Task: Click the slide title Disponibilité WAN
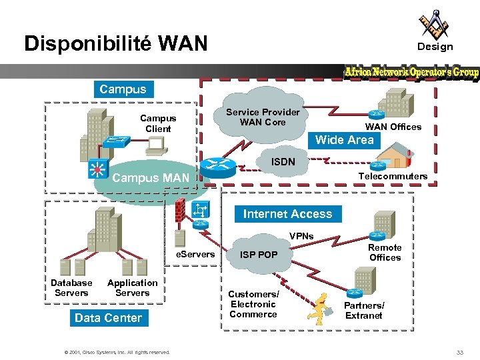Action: pyautogui.click(x=116, y=44)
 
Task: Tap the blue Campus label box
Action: pyautogui.click(x=123, y=89)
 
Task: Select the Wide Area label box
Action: pyautogui.click(x=344, y=140)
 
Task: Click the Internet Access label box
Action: pyautogui.click(x=287, y=214)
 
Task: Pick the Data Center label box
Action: pyautogui.click(x=108, y=318)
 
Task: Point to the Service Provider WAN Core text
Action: pyautogui.click(x=263, y=117)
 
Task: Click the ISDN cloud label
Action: pyautogui.click(x=283, y=161)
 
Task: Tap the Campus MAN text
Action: pyautogui.click(x=151, y=178)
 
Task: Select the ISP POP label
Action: pyautogui.click(x=259, y=255)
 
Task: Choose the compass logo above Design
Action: pyautogui.click(x=434, y=24)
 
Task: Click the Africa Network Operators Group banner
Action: pyautogui.click(x=411, y=72)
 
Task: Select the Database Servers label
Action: pyautogui.click(x=71, y=288)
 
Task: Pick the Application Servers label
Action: pyautogui.click(x=132, y=288)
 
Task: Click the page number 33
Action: pyautogui.click(x=459, y=352)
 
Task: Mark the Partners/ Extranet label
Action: pyautogui.click(x=364, y=310)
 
